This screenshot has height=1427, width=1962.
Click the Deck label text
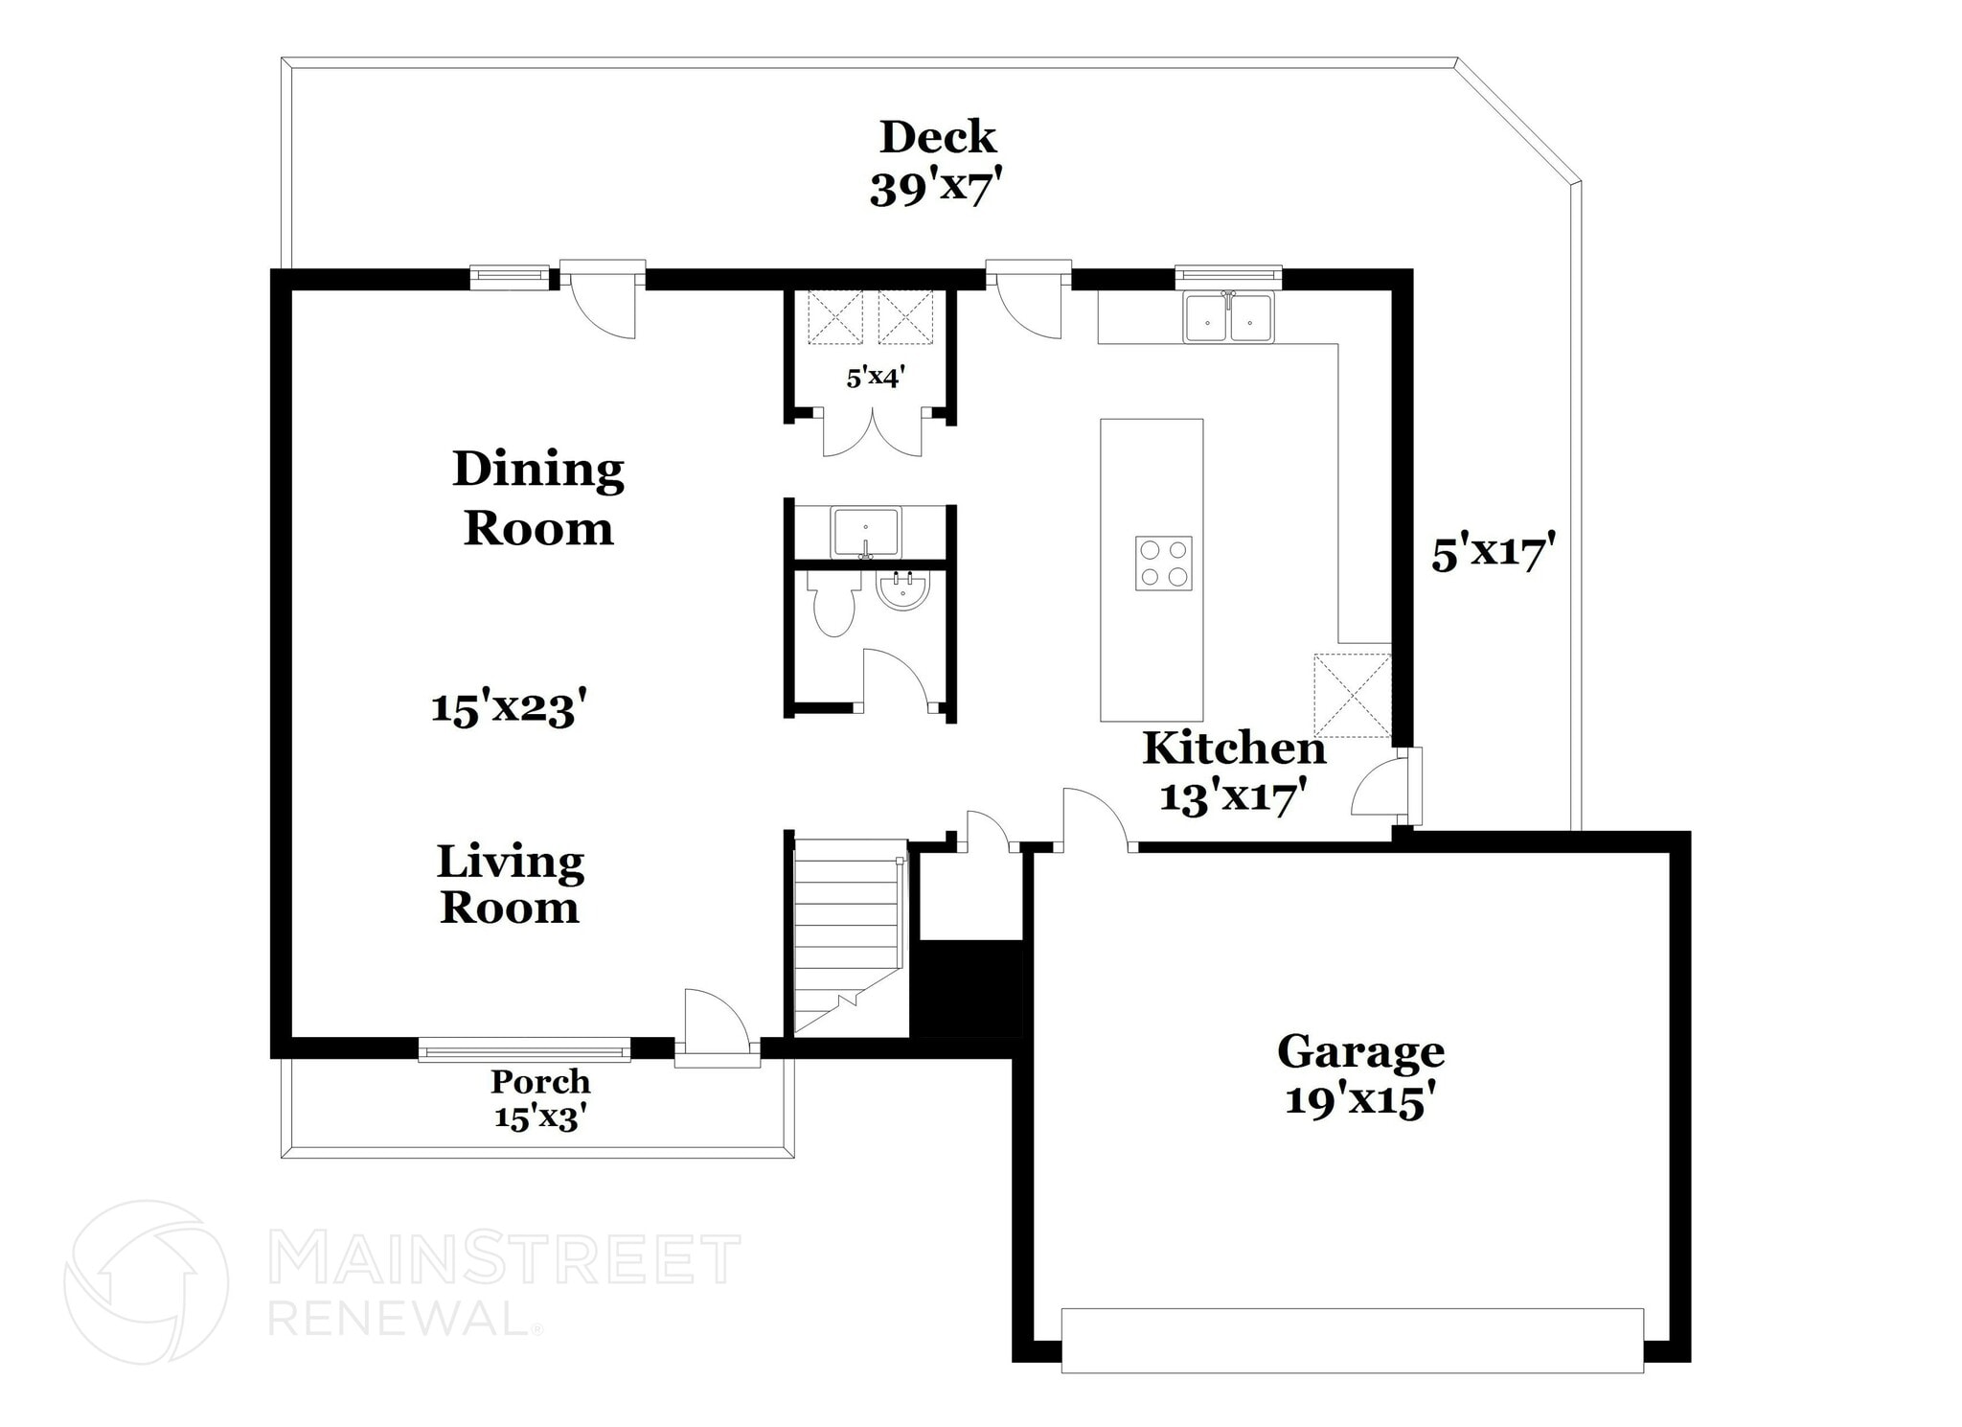click(937, 138)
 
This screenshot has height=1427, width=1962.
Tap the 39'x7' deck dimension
click(937, 190)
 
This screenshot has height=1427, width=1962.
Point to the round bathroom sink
click(902, 591)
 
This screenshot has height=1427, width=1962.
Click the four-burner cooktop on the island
click(1163, 564)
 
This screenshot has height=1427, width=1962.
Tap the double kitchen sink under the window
click(1228, 318)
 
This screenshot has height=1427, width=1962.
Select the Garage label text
click(1359, 1052)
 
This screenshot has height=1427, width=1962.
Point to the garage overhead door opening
click(1352, 1340)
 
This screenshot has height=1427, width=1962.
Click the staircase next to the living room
click(848, 934)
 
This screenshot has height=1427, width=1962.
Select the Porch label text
click(540, 1082)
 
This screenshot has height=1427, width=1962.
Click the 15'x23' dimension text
click(508, 709)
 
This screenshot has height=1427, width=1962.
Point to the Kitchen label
click(1234, 749)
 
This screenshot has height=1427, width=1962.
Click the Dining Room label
click(538, 498)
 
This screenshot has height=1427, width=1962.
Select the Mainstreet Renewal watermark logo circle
click(147, 1282)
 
